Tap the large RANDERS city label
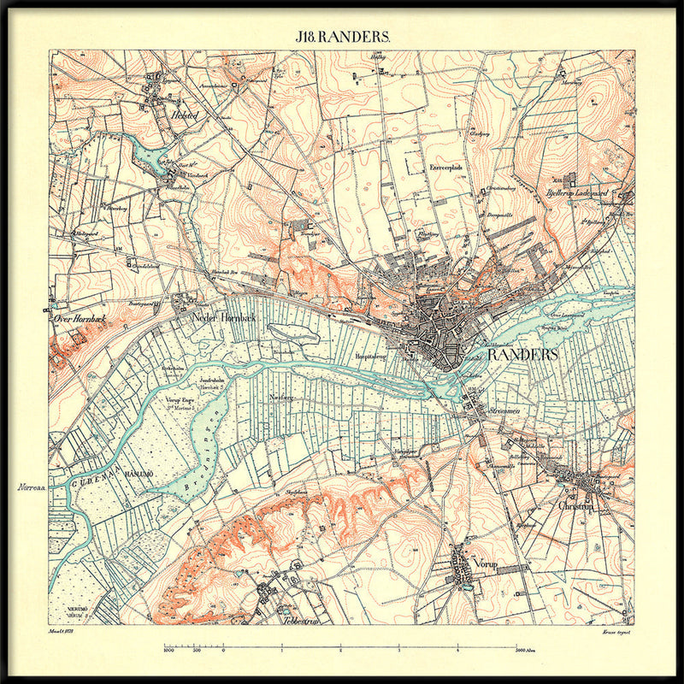pos(522,354)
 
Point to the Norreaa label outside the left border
pos(30,487)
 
